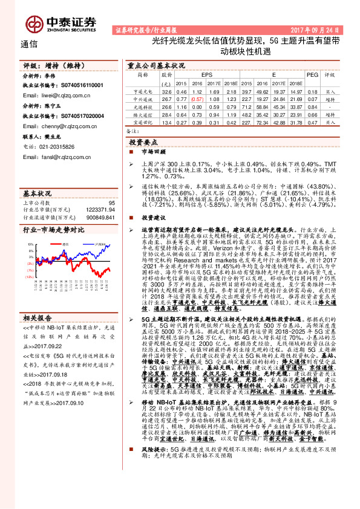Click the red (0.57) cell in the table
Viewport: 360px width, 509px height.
197,98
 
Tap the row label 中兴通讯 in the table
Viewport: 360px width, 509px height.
143,98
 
